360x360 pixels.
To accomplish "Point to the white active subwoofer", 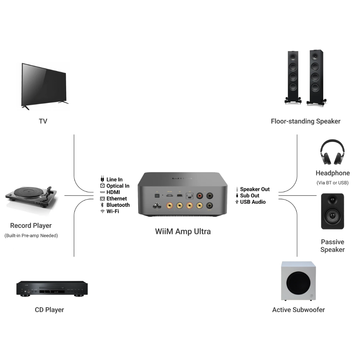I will [298, 281].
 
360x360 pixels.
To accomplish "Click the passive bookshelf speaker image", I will [332, 211].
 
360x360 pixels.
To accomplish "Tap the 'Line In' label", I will [114, 180].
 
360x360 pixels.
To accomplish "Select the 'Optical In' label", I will [118, 186].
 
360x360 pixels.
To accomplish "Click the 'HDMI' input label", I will [113, 192].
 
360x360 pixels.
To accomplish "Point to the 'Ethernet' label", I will [117, 199].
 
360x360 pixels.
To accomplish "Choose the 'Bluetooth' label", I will [118, 205].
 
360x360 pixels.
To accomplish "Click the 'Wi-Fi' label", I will [113, 211].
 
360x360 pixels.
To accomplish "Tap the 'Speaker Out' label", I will [255, 189].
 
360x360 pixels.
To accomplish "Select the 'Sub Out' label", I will [250, 196].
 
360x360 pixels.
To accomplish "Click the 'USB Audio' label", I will [253, 202].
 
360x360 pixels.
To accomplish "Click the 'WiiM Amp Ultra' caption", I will [183, 231].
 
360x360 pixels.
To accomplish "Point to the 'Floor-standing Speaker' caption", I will [306, 121].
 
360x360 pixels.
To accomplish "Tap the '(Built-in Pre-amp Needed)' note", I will [31, 236].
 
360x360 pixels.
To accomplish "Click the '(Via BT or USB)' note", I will [333, 183].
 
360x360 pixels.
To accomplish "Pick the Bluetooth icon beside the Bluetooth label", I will [102, 205].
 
